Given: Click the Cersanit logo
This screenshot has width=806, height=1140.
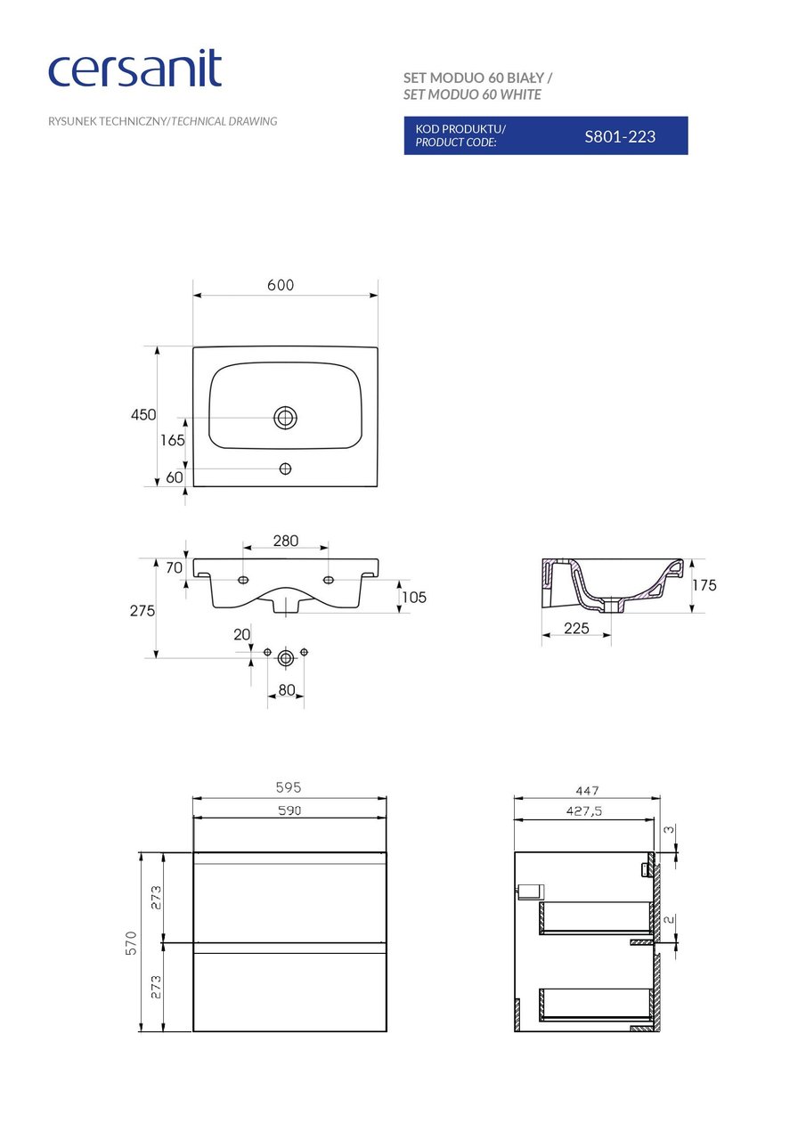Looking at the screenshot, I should [x=134, y=69].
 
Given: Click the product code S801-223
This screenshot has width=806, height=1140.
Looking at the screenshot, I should [x=620, y=136].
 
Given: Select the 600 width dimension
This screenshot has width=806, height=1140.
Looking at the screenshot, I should [x=280, y=285].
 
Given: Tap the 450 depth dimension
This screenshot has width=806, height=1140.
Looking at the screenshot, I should [x=143, y=415].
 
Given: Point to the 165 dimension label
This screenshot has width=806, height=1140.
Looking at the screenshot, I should [x=173, y=440].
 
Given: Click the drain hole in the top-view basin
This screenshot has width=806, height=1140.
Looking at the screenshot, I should [x=285, y=417].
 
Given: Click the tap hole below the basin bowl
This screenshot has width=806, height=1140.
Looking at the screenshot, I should [x=285, y=468].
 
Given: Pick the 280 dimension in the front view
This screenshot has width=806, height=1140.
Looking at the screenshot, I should [x=285, y=541].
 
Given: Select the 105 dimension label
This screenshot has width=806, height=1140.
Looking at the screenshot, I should [x=413, y=597].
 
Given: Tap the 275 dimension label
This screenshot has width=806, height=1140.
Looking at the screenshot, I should [x=142, y=611].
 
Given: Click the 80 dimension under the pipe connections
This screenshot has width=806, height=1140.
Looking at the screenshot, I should [x=285, y=689].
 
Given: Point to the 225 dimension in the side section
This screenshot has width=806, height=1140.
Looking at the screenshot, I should [x=576, y=628].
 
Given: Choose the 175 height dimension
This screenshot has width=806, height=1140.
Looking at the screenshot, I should [x=704, y=585].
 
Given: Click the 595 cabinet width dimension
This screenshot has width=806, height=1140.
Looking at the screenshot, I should [x=289, y=787].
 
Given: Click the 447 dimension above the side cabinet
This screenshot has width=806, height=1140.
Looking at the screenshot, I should [x=587, y=789].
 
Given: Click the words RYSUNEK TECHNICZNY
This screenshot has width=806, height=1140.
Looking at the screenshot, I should [x=108, y=121].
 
